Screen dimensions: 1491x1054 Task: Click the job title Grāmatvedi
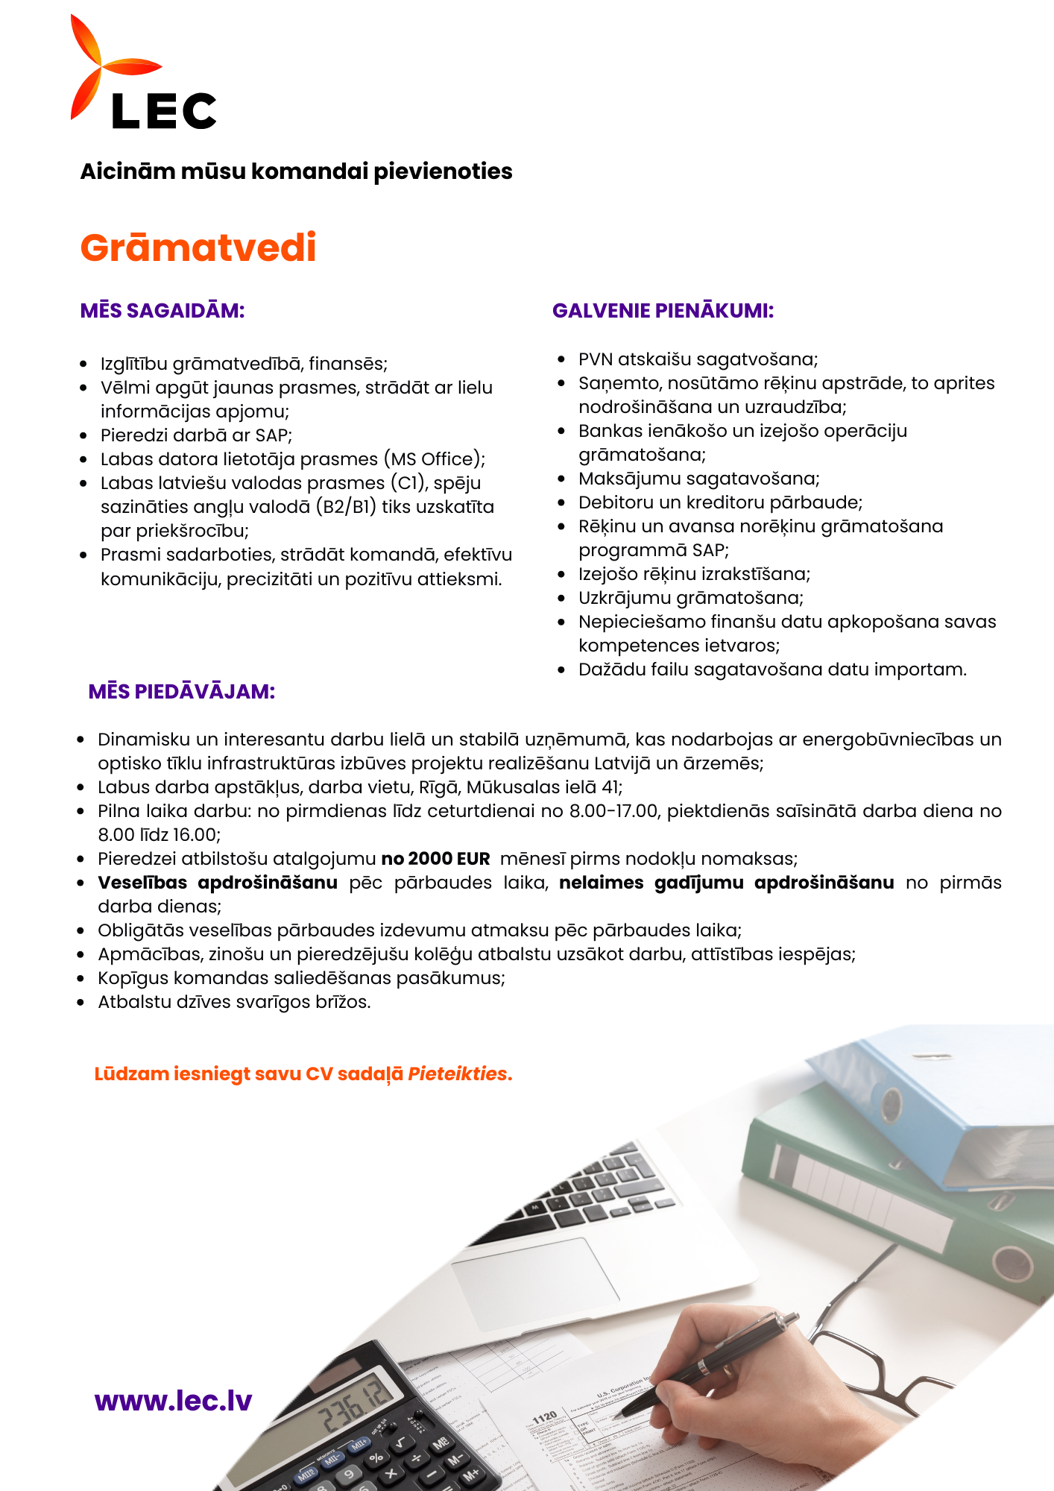pyautogui.click(x=198, y=248)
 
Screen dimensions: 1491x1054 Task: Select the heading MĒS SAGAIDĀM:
pyautogui.click(x=162, y=311)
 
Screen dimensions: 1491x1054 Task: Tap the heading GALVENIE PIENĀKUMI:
pyautogui.click(x=663, y=311)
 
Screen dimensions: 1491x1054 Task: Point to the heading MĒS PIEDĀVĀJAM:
pyautogui.click(x=182, y=692)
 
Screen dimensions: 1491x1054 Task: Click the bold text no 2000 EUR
pyautogui.click(x=435, y=859)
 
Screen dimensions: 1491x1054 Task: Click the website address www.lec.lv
pyautogui.click(x=173, y=1401)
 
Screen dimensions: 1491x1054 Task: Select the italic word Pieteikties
pyautogui.click(x=457, y=1074)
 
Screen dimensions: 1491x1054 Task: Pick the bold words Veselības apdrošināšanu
pyautogui.click(x=218, y=883)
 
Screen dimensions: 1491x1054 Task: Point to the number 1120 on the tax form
pyautogui.click(x=545, y=1416)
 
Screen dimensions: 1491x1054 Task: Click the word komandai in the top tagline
pyautogui.click(x=309, y=171)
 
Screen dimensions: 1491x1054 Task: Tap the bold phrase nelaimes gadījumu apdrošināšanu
pyautogui.click(x=726, y=883)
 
